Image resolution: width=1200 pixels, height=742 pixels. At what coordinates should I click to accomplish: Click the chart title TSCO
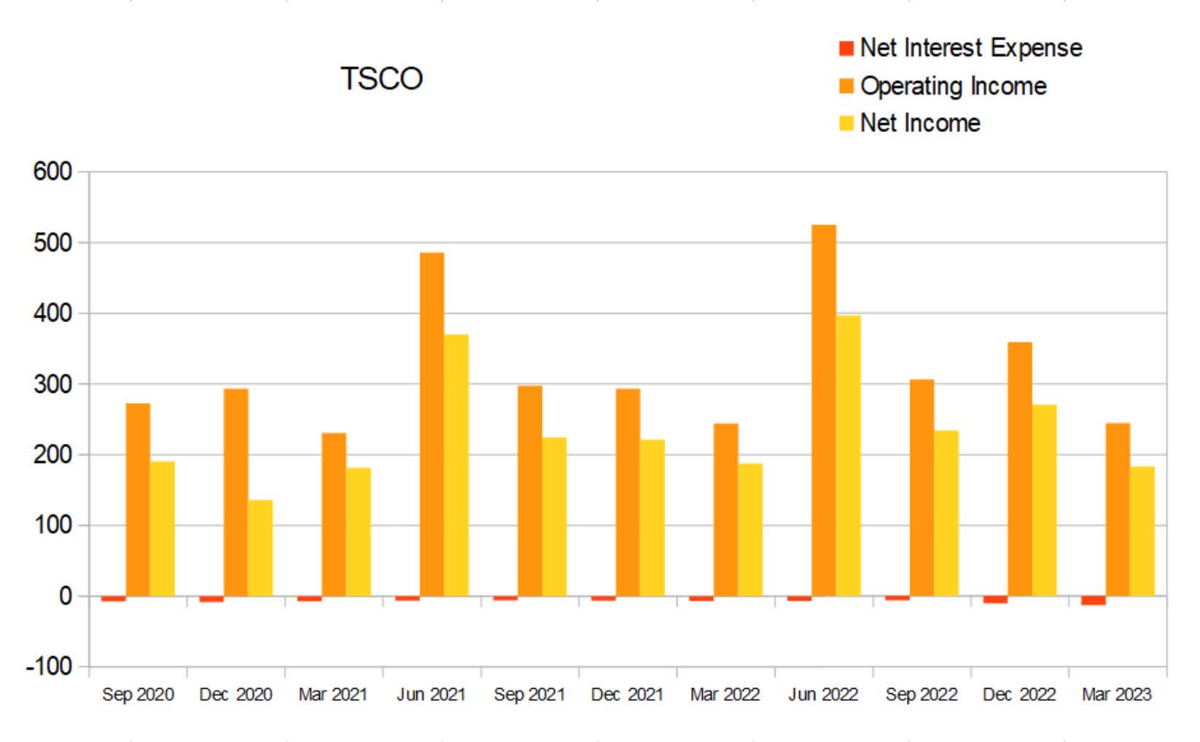pos(381,79)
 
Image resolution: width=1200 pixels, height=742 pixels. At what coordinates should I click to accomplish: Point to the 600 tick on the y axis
pos(52,172)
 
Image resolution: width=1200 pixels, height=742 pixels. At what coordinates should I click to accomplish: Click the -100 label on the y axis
pos(49,666)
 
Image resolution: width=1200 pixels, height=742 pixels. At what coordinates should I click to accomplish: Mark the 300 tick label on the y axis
pos(52,384)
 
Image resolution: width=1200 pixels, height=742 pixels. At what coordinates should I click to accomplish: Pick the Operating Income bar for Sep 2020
pos(138,499)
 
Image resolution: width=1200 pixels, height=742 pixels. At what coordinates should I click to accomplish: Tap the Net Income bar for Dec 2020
pos(260,547)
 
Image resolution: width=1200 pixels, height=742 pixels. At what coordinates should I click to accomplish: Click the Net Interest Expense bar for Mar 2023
pos(1094,601)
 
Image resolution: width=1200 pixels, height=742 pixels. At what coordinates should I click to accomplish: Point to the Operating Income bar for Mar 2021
pos(334,514)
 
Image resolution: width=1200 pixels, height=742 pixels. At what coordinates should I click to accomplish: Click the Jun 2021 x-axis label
pos(431,695)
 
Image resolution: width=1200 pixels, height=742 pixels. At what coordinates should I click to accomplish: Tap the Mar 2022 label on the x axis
pos(725,695)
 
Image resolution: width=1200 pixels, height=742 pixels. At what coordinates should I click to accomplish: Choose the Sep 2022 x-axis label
pos(922,695)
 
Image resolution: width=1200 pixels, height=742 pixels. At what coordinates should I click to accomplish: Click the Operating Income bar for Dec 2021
pos(628,492)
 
